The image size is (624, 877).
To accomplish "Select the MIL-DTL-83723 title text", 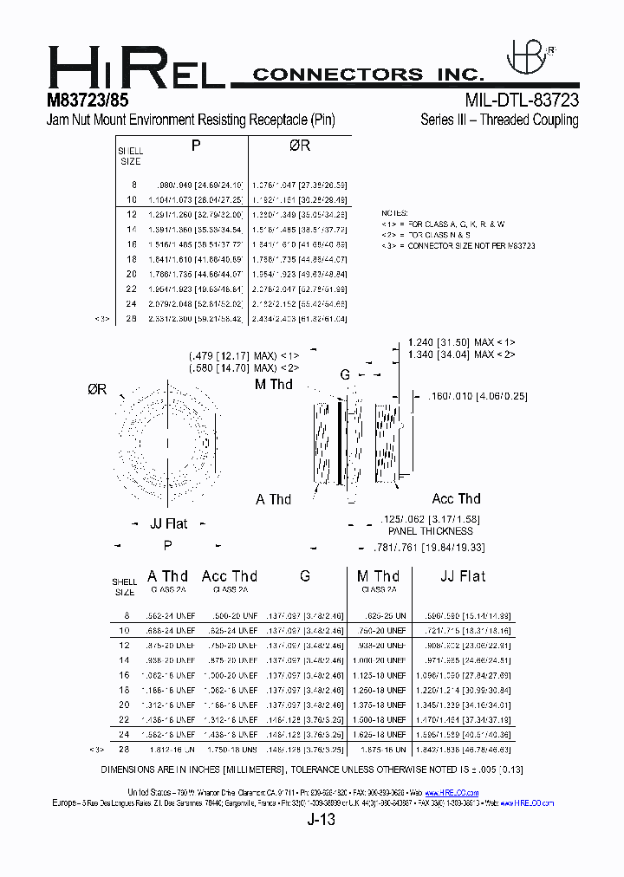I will coord(522,100).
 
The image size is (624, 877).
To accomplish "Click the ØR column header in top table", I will coord(299,146).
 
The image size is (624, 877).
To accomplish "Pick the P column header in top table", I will coord(196,146).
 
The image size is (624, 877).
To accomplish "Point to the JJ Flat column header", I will coord(463,576).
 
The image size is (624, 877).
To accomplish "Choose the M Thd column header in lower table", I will coord(378,576).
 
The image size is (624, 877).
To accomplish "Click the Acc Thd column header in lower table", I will coord(229,576).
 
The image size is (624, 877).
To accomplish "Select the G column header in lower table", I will coord(305,576).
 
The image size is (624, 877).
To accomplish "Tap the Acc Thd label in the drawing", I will coord(456,498).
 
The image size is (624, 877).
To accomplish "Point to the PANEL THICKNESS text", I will coord(430,530).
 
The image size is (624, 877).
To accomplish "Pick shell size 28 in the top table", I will coord(133,319).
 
